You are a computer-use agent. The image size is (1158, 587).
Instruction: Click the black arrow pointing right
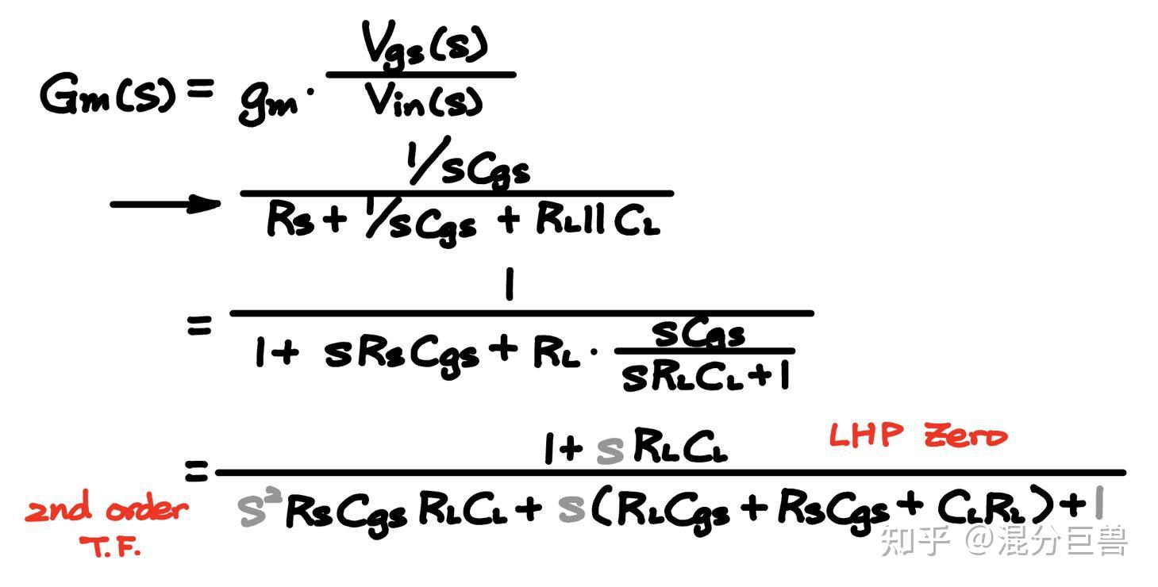[164, 204]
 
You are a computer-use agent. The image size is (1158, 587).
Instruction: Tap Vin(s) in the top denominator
[424, 102]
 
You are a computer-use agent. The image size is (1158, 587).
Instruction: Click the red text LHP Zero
[918, 435]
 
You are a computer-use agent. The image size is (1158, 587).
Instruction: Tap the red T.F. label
[110, 547]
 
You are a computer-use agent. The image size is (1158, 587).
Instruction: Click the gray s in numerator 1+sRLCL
[610, 451]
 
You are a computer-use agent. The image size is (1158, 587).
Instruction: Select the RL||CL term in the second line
[598, 221]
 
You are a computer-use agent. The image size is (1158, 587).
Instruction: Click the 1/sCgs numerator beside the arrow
[467, 167]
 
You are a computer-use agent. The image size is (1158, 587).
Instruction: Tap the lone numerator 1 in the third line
[509, 286]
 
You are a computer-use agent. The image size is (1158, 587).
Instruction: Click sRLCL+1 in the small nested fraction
[706, 378]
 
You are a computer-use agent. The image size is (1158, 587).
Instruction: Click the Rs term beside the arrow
[285, 220]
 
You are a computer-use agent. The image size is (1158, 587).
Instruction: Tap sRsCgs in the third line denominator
[402, 355]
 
